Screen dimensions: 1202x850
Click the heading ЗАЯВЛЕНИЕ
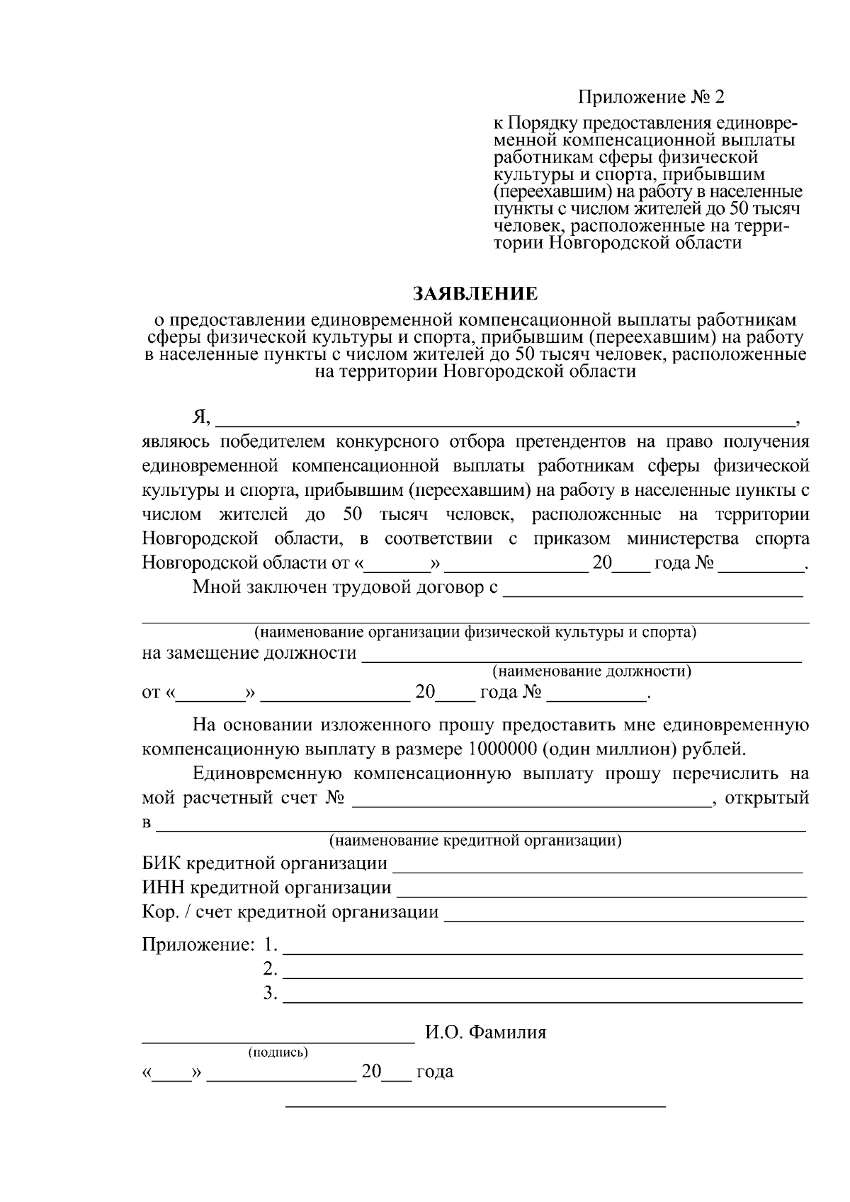click(x=475, y=293)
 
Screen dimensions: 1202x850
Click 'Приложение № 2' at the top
click(x=652, y=96)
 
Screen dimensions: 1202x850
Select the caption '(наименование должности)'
click(x=591, y=671)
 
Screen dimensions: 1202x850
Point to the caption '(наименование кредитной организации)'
click(x=475, y=841)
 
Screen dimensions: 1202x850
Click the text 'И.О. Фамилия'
click(x=486, y=1032)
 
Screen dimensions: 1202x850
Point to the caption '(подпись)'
click(x=278, y=1053)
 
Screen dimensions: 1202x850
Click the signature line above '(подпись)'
click(x=278, y=1041)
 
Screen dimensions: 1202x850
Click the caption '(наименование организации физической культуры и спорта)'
click(x=475, y=632)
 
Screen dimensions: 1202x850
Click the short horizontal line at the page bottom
click(x=475, y=1106)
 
